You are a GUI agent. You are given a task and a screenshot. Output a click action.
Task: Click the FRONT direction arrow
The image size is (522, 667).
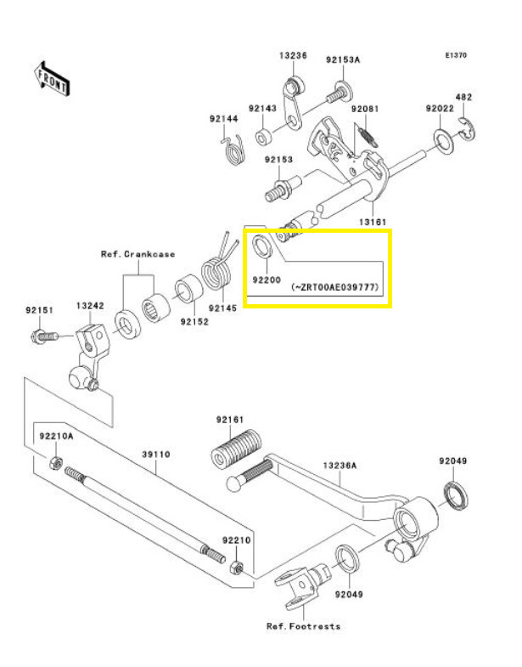[x=52, y=79]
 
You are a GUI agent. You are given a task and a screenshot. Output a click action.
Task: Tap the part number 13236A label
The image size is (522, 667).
[x=340, y=466]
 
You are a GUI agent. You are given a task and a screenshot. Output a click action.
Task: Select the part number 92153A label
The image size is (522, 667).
[x=343, y=59]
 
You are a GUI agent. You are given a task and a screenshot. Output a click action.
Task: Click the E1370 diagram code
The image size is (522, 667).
[x=456, y=55]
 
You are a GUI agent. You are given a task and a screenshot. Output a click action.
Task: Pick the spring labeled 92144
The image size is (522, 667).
[x=233, y=149]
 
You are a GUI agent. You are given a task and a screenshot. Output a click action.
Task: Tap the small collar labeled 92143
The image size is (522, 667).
[x=262, y=137]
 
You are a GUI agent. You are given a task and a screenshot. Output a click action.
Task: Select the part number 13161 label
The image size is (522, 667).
[x=373, y=222]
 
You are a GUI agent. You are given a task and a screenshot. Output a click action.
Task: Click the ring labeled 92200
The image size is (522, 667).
[x=263, y=246]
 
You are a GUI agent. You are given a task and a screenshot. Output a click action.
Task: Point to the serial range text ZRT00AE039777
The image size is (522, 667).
[x=335, y=287]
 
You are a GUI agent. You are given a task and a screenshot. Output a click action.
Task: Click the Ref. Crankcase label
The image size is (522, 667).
[x=138, y=254]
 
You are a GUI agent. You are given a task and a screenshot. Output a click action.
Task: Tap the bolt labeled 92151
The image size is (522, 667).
[x=44, y=337]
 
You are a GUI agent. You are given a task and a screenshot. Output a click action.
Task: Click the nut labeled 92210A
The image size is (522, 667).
[x=55, y=462]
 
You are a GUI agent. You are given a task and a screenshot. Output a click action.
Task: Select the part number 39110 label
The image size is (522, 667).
[x=156, y=455]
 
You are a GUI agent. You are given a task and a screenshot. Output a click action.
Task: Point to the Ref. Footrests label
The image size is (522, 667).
[x=304, y=626]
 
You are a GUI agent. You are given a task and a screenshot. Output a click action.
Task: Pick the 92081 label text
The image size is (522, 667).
[x=365, y=109]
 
